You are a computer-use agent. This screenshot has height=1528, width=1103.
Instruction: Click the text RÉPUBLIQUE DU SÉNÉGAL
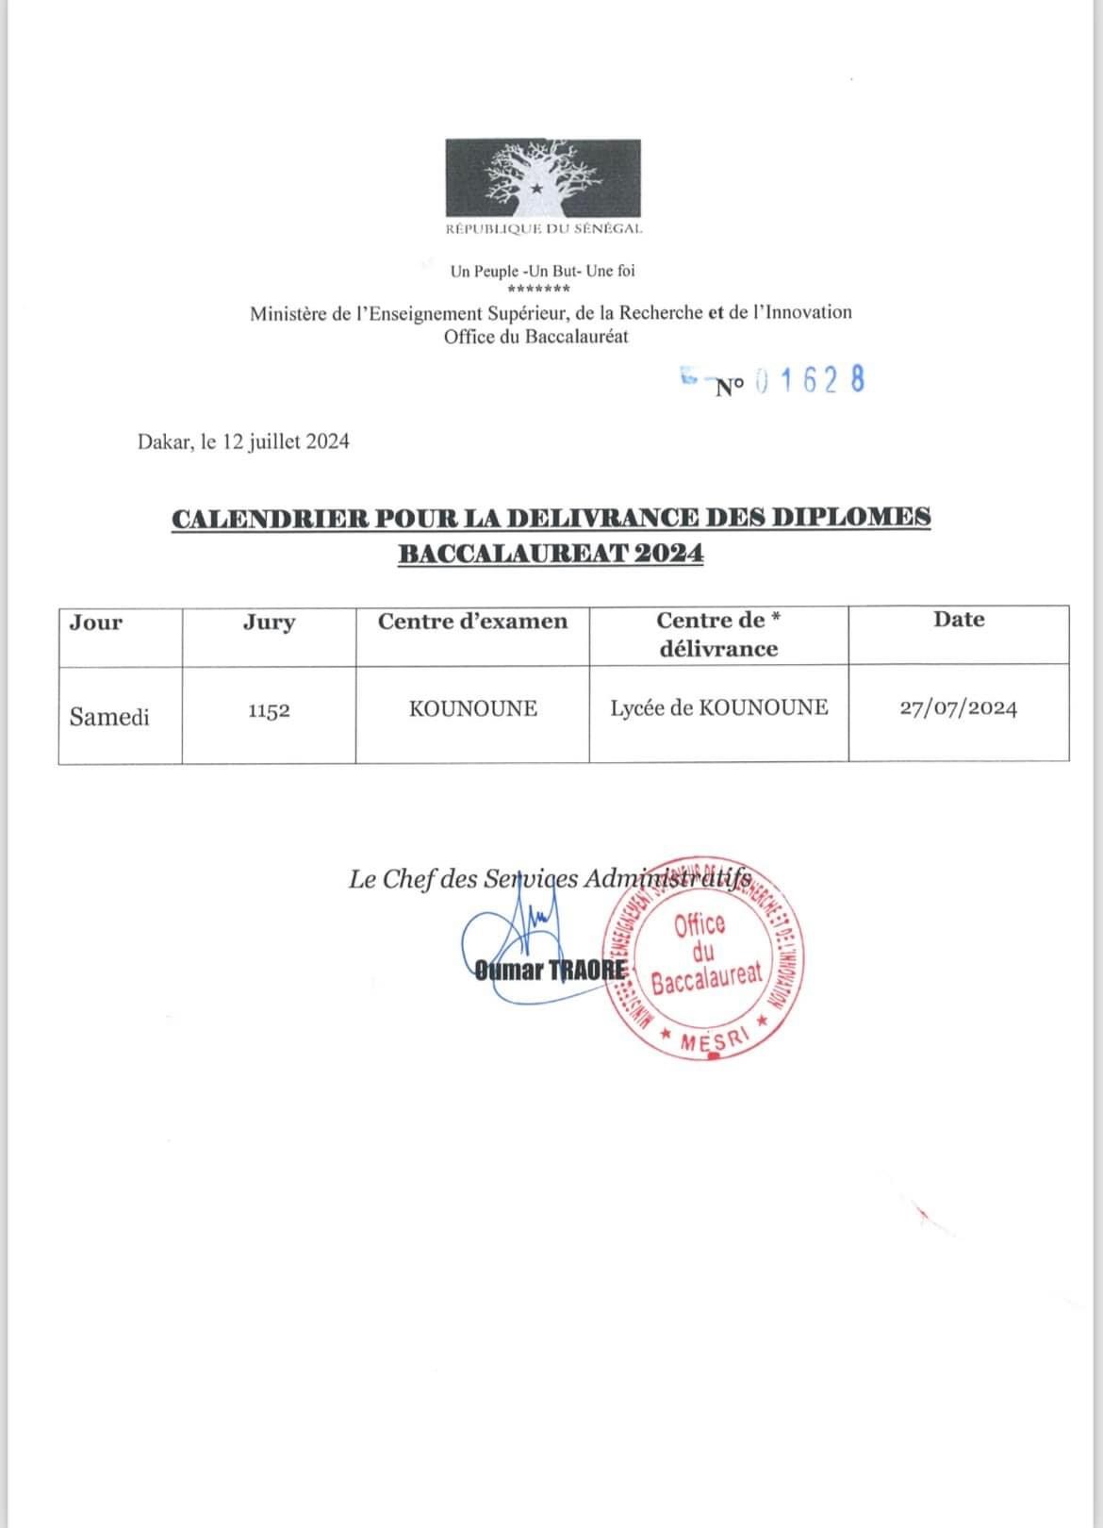tap(544, 228)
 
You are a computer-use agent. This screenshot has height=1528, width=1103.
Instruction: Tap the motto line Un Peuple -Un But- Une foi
tap(542, 271)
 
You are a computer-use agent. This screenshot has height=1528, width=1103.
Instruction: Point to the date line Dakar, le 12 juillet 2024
tap(243, 440)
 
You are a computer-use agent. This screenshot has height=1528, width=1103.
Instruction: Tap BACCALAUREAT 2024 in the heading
tap(551, 554)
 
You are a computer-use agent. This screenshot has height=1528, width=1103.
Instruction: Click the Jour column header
tap(96, 623)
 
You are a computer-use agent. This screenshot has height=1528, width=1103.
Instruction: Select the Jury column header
tap(269, 623)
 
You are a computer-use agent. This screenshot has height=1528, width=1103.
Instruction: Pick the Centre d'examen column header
tap(472, 622)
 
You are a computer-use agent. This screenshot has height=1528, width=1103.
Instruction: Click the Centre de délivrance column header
tap(718, 634)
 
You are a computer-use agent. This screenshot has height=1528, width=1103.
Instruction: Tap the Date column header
tap(959, 620)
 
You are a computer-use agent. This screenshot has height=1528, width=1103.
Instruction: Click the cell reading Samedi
tap(109, 717)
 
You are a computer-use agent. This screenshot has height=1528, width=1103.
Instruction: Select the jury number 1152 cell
tap(269, 711)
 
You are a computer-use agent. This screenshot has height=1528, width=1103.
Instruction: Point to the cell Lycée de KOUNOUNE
tap(719, 707)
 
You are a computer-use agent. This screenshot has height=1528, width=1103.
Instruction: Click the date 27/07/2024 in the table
tap(959, 708)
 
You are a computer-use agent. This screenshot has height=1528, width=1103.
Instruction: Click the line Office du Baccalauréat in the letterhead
tap(535, 336)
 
